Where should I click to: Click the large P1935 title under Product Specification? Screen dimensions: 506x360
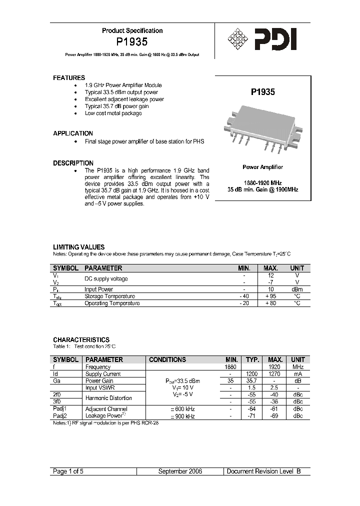(x=132, y=43)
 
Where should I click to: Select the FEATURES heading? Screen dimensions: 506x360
(x=69, y=78)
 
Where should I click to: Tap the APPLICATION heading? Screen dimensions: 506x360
(x=73, y=133)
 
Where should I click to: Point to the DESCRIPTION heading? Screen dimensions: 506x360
(x=73, y=163)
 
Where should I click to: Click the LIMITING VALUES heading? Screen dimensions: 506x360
(x=78, y=247)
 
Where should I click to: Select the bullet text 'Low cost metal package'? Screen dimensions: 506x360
(x=113, y=113)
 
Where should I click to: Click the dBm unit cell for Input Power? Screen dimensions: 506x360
(x=297, y=289)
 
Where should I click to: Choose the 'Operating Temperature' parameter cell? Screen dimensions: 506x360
(x=112, y=303)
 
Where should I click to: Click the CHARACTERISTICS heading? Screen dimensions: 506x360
(x=81, y=340)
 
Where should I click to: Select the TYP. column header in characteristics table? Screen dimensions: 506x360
(x=251, y=359)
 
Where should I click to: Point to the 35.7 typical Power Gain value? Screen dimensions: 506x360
(x=251, y=380)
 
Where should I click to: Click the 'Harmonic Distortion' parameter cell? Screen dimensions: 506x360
(x=108, y=398)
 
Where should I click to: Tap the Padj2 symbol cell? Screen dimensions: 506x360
(x=60, y=415)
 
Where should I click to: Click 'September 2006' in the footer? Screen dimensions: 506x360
(x=180, y=471)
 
